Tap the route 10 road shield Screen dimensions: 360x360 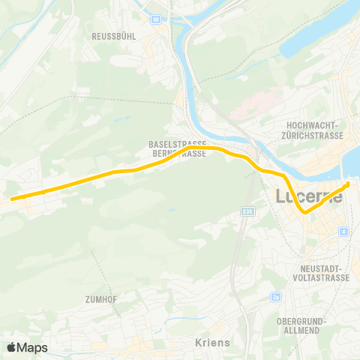click(155, 19)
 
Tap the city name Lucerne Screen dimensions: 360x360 click(309, 197)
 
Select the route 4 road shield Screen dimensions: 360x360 click(343, 232)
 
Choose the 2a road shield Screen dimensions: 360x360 click(276, 298)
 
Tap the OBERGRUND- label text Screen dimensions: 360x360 click(299, 320)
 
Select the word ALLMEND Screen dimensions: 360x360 click(299, 330)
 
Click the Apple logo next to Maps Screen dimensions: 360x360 click(13, 347)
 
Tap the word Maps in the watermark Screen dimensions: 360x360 click(33, 347)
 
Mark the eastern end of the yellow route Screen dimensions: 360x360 click(347, 184)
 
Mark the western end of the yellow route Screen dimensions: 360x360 click(12, 199)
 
